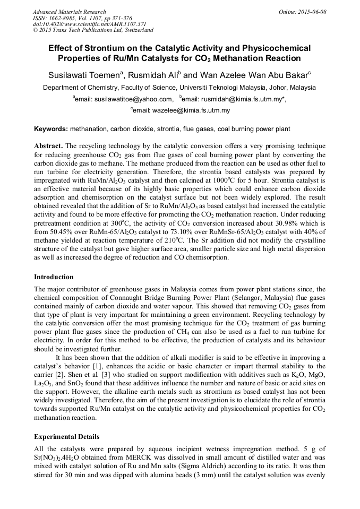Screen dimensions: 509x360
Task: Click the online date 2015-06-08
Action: (x=312, y=12)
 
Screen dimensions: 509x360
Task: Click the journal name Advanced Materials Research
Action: (x=69, y=12)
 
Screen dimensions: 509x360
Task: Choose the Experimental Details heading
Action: (x=66, y=437)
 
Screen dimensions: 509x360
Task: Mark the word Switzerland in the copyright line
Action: (x=138, y=31)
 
